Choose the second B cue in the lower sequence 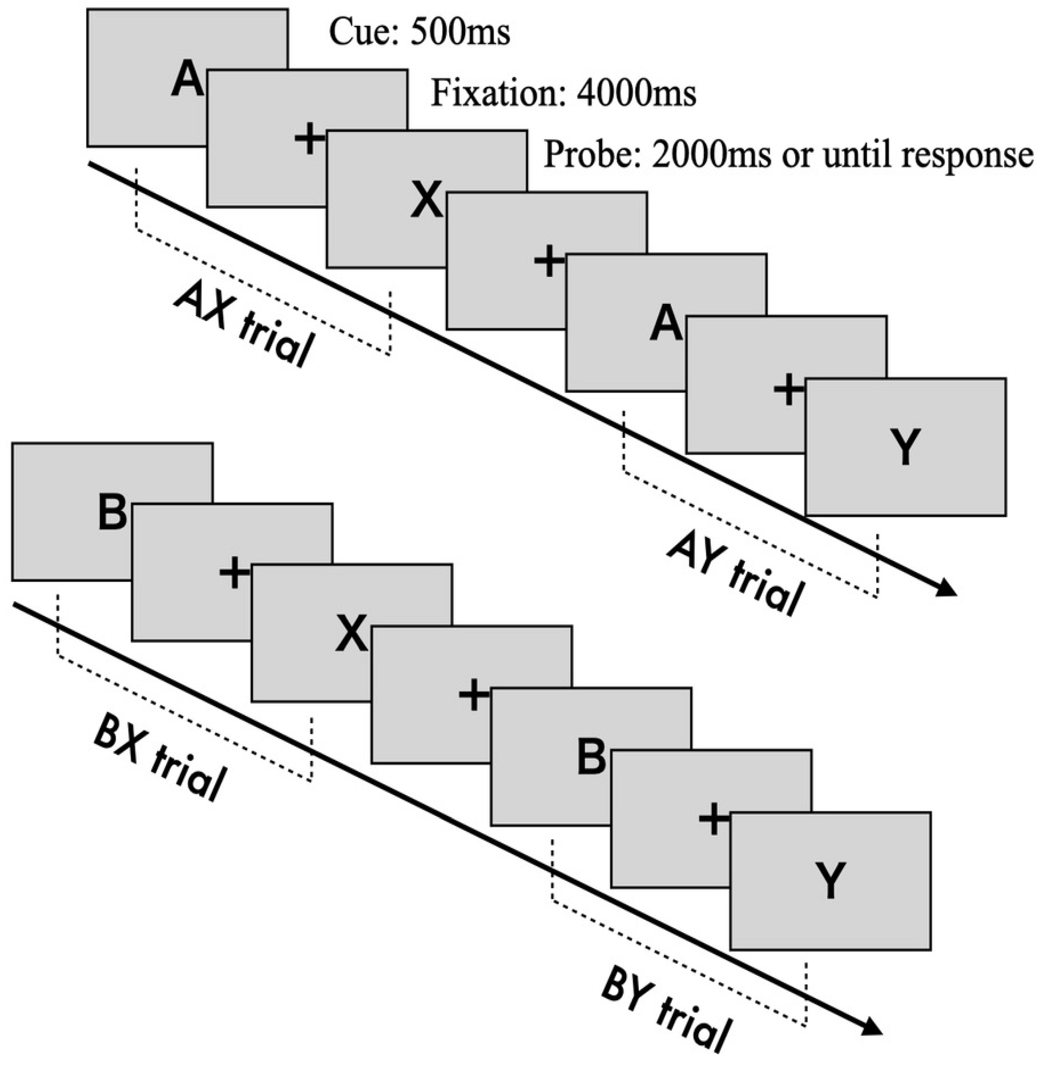(x=591, y=758)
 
